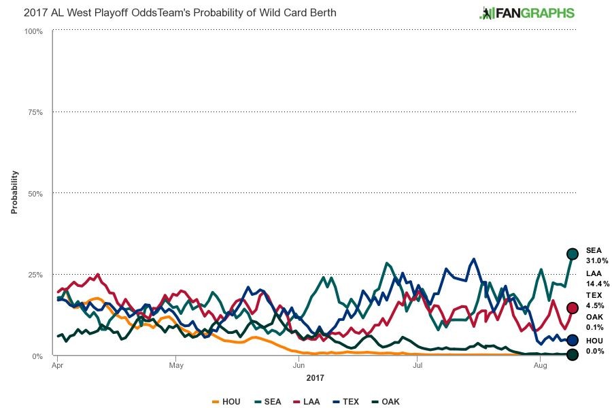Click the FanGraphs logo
point(527,13)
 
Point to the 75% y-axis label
point(35,112)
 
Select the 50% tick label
point(35,194)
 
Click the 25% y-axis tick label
point(35,275)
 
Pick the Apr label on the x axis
point(57,366)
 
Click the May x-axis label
point(175,366)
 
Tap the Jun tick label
point(298,366)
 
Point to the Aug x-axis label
point(540,366)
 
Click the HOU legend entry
point(226,401)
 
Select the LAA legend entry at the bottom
point(307,401)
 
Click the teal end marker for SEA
point(573,254)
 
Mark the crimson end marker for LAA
point(573,308)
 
